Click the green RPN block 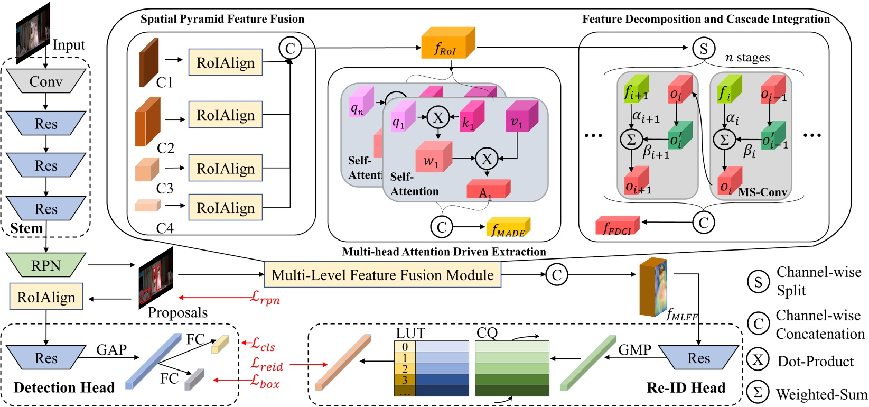coord(45,265)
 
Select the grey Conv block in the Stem coord(45,81)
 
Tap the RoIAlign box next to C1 coord(226,62)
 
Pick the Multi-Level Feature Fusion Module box coord(382,275)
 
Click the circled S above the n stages coord(703,49)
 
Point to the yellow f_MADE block coord(508,228)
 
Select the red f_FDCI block coord(617,226)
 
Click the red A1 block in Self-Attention coord(488,190)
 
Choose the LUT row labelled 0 coord(431,346)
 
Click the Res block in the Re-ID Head coord(698,358)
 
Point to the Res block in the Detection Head coord(45,358)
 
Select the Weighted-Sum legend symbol coord(758,392)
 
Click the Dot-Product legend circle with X coord(758,360)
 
